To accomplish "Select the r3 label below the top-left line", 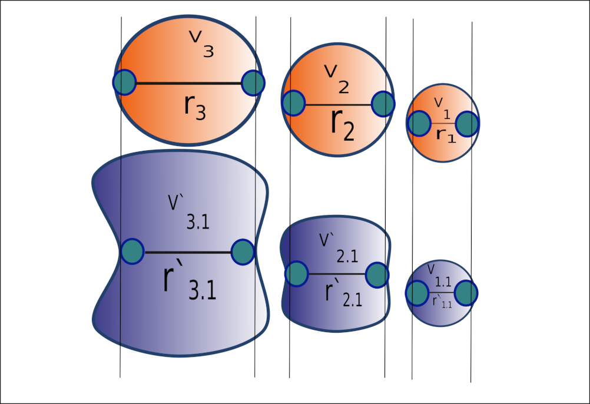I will click(195, 107).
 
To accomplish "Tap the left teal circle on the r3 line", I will click(125, 82).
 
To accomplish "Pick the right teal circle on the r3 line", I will click(253, 82).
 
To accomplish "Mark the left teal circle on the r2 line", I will click(293, 104).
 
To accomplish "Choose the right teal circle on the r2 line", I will click(383, 104).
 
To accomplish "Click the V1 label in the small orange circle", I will click(442, 105).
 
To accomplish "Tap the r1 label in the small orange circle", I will click(445, 134).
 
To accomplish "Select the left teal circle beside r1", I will click(418, 124).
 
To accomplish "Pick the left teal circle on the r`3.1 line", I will click(132, 251).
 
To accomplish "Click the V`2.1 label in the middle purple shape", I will click(336, 247).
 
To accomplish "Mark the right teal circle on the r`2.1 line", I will click(377, 274).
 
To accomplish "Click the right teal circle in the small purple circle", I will click(466, 293).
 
